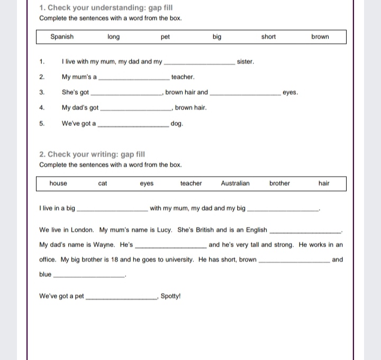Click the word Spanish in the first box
[x=62, y=37]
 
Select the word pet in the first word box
[x=165, y=37]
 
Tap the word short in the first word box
[x=268, y=37]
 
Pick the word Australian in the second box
[x=235, y=184]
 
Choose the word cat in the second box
[x=103, y=184]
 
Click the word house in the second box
[x=58, y=184]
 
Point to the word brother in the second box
[x=279, y=184]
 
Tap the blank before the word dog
[x=134, y=125]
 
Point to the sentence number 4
[x=41, y=108]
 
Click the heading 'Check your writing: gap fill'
[x=92, y=155]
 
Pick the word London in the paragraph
[x=81, y=230]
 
